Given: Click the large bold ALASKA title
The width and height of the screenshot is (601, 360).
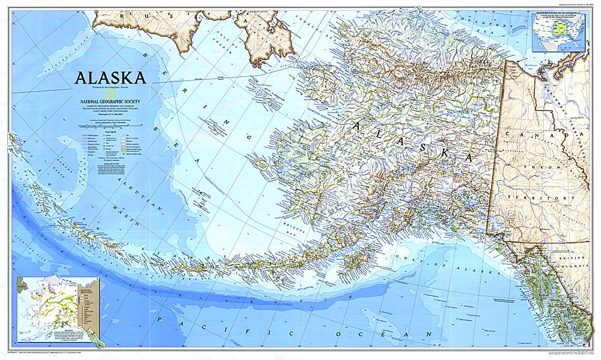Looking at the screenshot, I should [109, 78].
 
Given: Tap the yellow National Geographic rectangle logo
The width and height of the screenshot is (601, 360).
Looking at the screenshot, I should [110, 93].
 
